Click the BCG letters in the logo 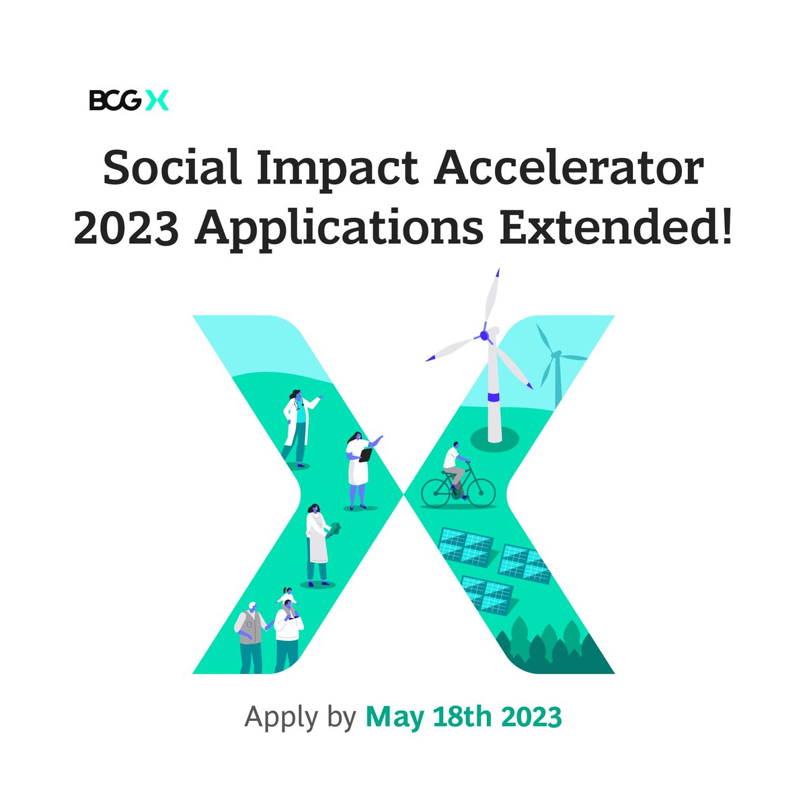[115, 101]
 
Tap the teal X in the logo [157, 101]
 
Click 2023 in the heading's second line [126, 229]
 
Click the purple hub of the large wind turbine [484, 334]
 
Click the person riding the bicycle [455, 467]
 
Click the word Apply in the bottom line [280, 717]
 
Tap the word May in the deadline [395, 717]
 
